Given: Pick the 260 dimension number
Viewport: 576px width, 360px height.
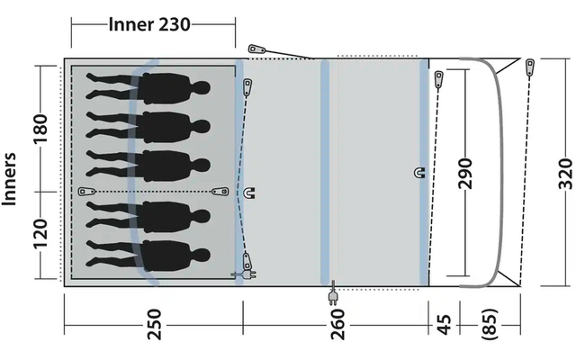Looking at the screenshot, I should pyautogui.click(x=337, y=323).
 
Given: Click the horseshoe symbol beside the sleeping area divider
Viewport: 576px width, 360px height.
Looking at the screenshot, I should pyautogui.click(x=250, y=192).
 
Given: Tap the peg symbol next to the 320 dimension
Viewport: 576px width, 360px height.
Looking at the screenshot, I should pyautogui.click(x=531, y=67).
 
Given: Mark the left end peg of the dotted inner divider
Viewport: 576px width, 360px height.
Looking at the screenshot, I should pyautogui.click(x=86, y=191).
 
